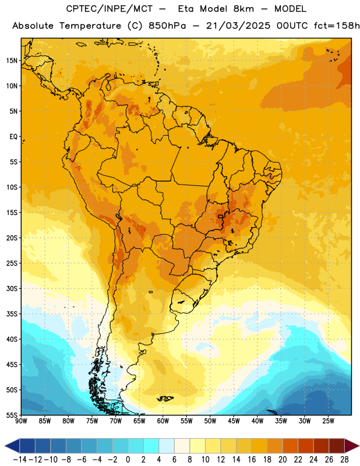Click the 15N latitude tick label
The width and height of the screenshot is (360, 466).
[x=12, y=61]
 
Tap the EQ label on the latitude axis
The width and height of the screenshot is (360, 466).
[x=13, y=137]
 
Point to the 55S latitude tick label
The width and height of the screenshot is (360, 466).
[x=12, y=415]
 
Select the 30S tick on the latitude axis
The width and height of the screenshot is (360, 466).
[x=12, y=288]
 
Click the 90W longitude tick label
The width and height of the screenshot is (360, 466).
[x=21, y=421]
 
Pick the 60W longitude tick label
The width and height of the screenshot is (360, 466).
[x=163, y=421]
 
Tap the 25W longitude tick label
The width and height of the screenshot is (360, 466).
[x=328, y=421]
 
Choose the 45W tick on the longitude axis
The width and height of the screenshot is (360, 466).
[x=234, y=421]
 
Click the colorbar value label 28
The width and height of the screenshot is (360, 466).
[x=344, y=460]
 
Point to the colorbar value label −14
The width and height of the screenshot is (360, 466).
[x=20, y=460]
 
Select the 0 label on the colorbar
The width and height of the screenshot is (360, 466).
[x=128, y=460]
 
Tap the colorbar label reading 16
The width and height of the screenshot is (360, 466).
[x=252, y=460]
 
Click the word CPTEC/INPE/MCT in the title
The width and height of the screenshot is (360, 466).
[x=109, y=9]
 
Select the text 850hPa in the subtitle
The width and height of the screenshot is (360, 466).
[x=167, y=26]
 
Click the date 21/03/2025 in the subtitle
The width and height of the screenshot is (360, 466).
[x=238, y=26]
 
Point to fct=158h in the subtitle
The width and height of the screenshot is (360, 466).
[x=337, y=26]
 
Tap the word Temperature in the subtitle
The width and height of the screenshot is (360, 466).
[x=90, y=26]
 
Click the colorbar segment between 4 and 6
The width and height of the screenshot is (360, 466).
[x=167, y=446]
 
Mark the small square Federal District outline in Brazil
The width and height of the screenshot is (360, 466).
[x=220, y=217]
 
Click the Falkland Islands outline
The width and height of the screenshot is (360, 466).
[x=165, y=398]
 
